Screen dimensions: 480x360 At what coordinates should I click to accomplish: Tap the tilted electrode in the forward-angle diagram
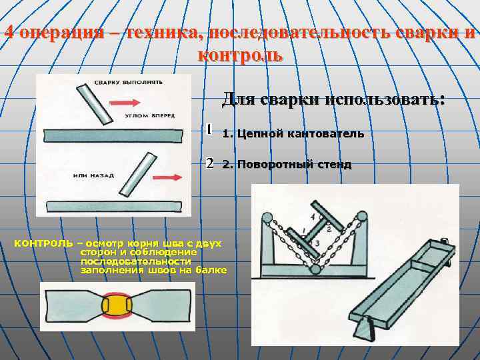[94, 103]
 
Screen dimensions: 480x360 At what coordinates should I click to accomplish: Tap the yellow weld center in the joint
[117, 306]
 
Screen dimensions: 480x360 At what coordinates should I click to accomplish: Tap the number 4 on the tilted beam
[312, 217]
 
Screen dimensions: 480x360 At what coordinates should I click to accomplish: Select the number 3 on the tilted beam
[317, 243]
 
